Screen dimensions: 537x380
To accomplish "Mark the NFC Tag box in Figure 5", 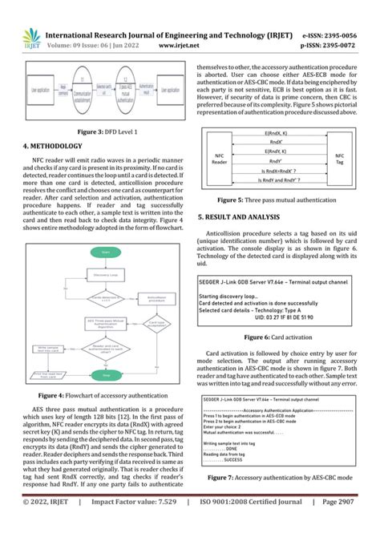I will [x=340, y=159].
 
